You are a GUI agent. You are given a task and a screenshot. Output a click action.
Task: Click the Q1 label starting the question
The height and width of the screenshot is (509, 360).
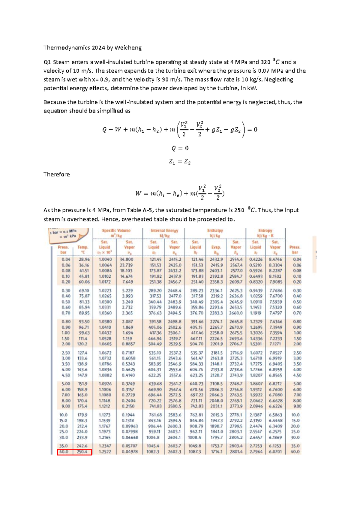point(47,62)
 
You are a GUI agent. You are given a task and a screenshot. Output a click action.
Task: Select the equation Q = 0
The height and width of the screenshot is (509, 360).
point(180,148)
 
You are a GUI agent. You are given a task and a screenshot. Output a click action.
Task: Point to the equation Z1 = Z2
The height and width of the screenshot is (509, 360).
point(180,162)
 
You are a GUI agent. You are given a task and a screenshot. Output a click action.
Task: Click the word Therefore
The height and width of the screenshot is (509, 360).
point(56,174)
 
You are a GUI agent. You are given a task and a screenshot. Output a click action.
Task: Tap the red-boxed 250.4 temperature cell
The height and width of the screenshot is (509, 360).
point(82,452)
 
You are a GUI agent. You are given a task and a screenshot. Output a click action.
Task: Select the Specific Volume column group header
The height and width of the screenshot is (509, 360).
point(116,233)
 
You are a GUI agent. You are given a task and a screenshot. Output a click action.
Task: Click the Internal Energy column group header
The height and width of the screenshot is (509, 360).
point(164,233)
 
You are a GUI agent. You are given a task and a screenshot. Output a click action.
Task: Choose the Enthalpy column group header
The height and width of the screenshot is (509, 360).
point(215,233)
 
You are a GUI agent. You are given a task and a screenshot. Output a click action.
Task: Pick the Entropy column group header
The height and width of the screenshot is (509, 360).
point(265,233)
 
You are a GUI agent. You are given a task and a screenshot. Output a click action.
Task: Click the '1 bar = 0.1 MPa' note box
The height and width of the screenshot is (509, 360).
point(68,233)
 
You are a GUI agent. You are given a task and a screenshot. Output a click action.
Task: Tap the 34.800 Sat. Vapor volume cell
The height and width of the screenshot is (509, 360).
point(127,259)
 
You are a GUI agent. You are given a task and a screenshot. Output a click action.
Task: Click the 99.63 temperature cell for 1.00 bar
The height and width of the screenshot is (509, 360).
point(84,333)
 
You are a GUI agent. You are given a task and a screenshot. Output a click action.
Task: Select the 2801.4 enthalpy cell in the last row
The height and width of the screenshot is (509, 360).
point(236,452)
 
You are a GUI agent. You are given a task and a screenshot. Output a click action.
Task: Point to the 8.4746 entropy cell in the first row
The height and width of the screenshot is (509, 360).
point(275,259)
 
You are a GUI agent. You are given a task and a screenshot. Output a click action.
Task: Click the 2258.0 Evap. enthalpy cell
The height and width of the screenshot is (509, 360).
point(216,333)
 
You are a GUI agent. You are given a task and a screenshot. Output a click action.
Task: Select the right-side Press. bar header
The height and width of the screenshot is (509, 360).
point(295,250)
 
